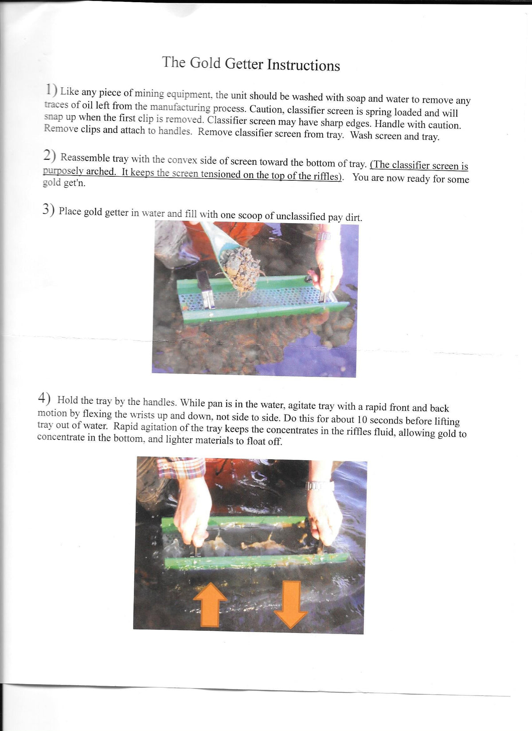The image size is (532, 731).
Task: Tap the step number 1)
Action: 51,90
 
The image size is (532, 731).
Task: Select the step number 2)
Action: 49,156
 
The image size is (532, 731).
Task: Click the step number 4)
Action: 44,398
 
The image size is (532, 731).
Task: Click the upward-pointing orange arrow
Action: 210,604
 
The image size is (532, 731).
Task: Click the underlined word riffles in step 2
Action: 327,176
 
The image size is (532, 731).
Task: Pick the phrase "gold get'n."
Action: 64,183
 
